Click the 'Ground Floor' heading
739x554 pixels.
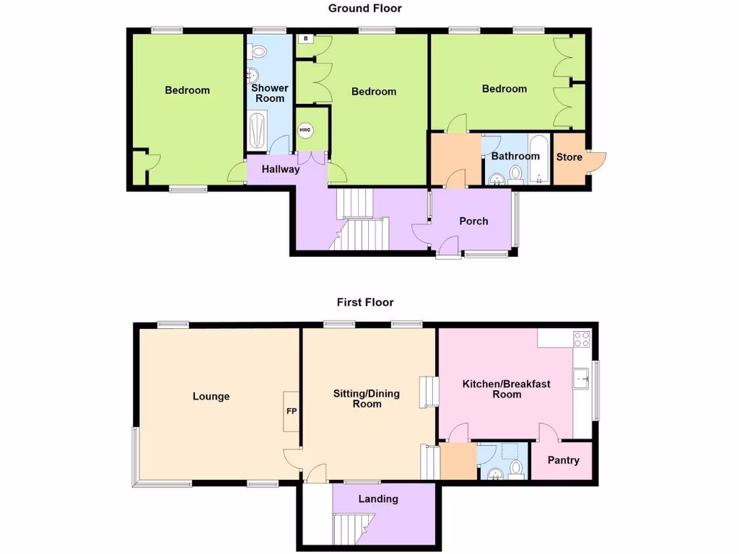364,9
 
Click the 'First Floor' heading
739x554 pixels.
364,302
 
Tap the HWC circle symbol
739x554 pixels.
305,130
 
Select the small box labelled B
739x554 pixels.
306,39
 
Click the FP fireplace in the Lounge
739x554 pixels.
292,412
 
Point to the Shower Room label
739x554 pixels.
269,93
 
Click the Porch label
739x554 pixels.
473,221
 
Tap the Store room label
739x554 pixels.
569,157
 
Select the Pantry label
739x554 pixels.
563,460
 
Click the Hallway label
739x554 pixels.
280,170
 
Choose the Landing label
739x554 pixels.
378,499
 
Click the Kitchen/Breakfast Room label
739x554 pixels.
506,389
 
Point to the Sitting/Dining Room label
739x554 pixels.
366,399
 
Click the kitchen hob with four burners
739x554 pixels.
582,338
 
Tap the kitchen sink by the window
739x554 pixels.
581,378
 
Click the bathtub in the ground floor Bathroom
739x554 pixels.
539,158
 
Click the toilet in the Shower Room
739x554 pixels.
258,51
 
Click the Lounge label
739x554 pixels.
211,396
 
